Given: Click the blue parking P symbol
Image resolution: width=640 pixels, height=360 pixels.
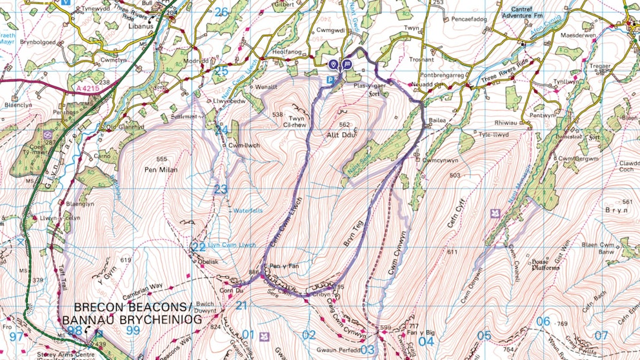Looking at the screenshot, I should [x=331, y=80].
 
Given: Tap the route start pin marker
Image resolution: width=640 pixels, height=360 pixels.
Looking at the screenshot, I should [x=333, y=65].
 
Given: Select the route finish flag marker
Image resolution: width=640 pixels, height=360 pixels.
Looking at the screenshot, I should [x=347, y=65].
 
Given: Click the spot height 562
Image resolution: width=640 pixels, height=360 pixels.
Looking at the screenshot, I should [x=344, y=125].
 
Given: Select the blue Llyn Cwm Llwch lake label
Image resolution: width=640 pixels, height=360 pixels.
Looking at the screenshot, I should [x=231, y=245].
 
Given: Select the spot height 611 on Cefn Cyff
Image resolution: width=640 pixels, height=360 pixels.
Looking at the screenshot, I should [x=452, y=252].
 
